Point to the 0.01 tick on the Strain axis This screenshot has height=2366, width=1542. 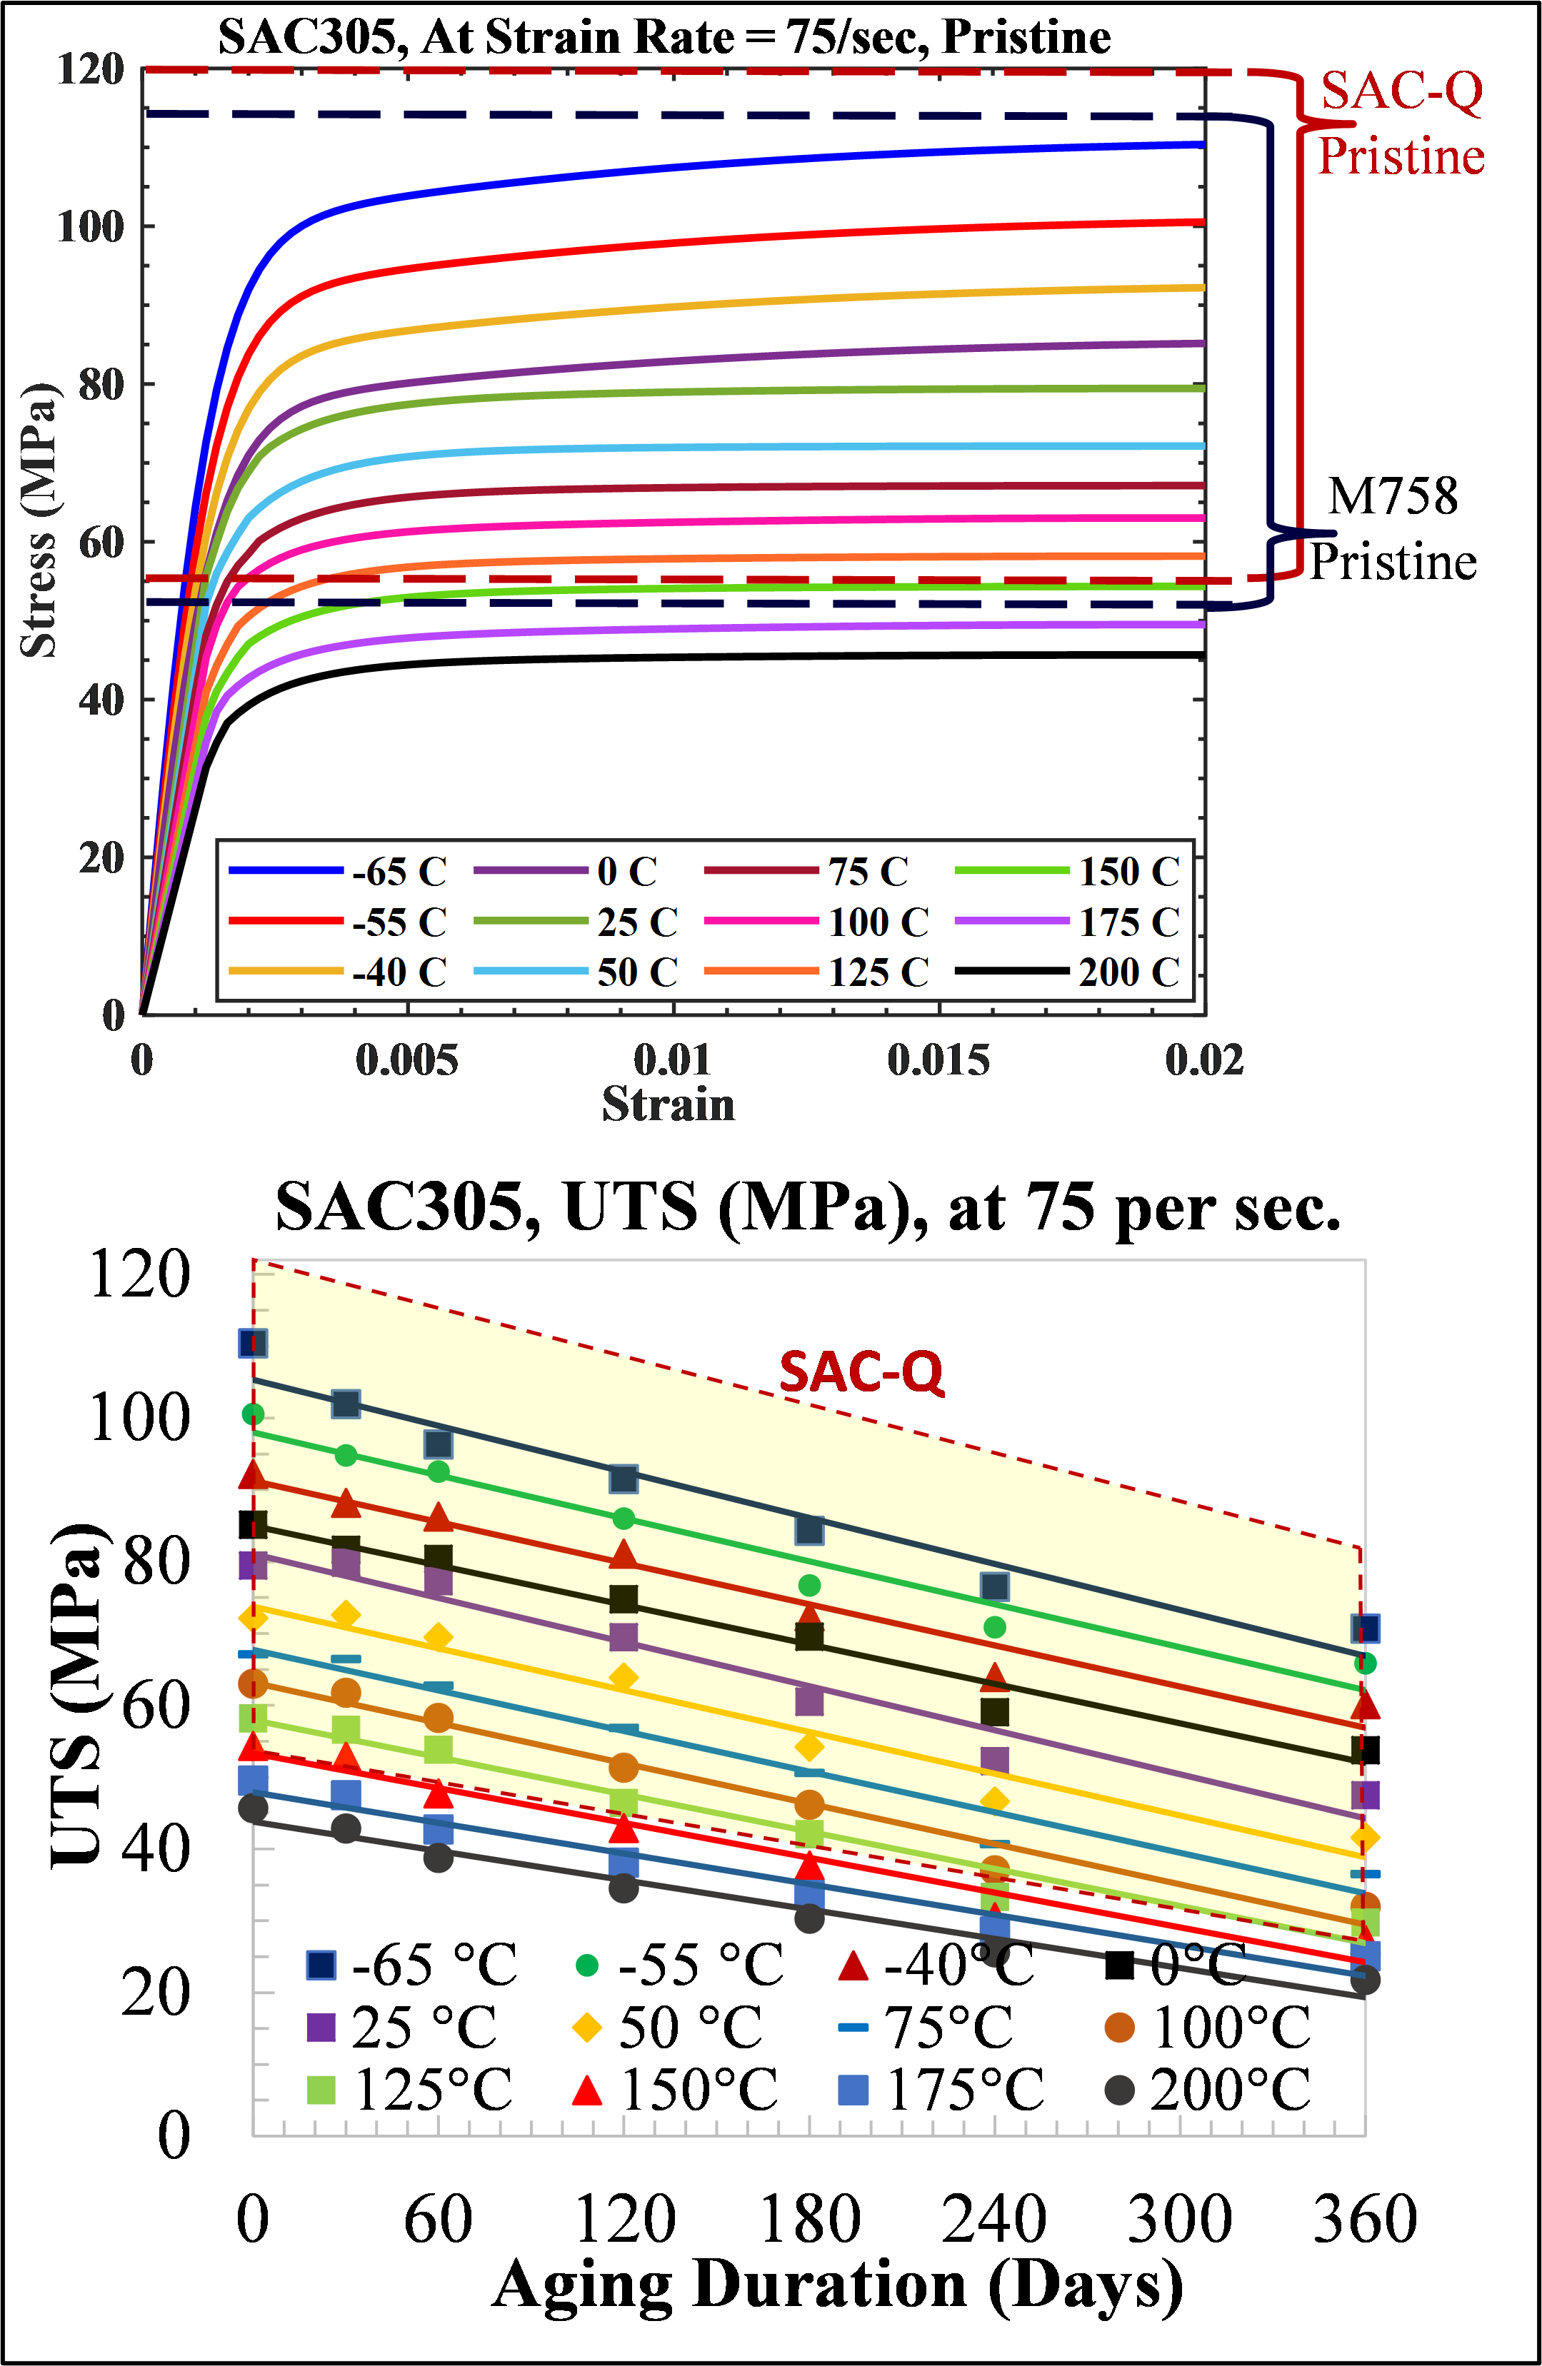(673, 1059)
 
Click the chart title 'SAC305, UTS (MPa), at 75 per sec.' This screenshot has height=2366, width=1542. (807, 1208)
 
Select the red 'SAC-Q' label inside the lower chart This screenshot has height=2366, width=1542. (860, 1372)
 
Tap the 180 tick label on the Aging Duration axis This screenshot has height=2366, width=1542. (809, 2219)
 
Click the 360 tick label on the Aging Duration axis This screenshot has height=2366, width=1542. (1364, 2219)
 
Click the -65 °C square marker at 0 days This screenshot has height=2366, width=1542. (253, 1343)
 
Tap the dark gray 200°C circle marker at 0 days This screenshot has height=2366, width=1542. (253, 1807)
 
